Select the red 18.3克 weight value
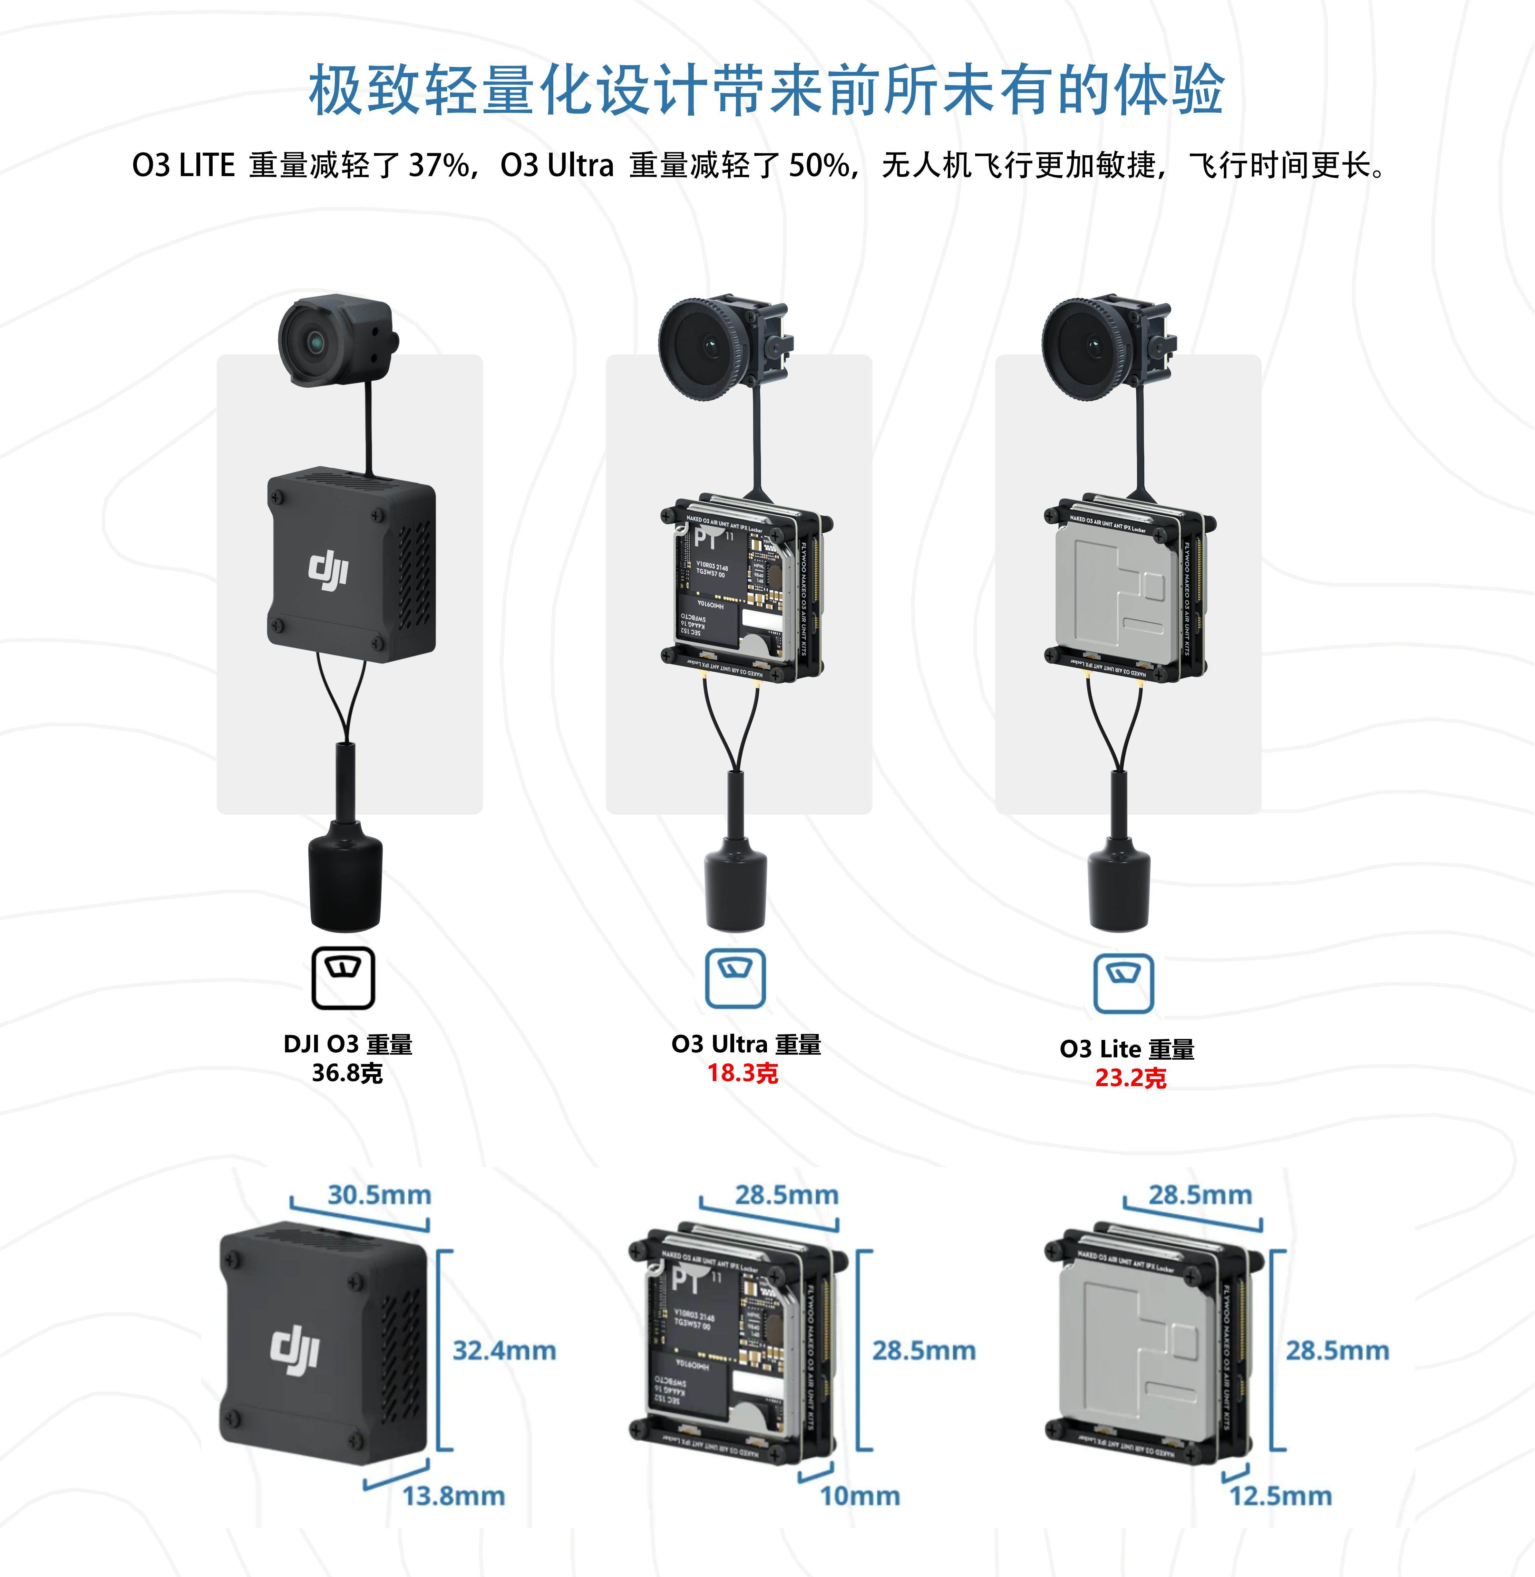742,1073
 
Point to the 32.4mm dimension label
504,1351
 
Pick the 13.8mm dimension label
453,1496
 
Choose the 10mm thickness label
859,1496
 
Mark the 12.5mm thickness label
1280,1496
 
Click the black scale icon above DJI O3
343,977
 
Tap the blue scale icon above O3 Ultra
735,978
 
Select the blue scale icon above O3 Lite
1123,983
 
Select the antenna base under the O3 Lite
1119,887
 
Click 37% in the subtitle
439,165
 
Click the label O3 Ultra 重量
746,1044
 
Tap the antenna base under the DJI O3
345,883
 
